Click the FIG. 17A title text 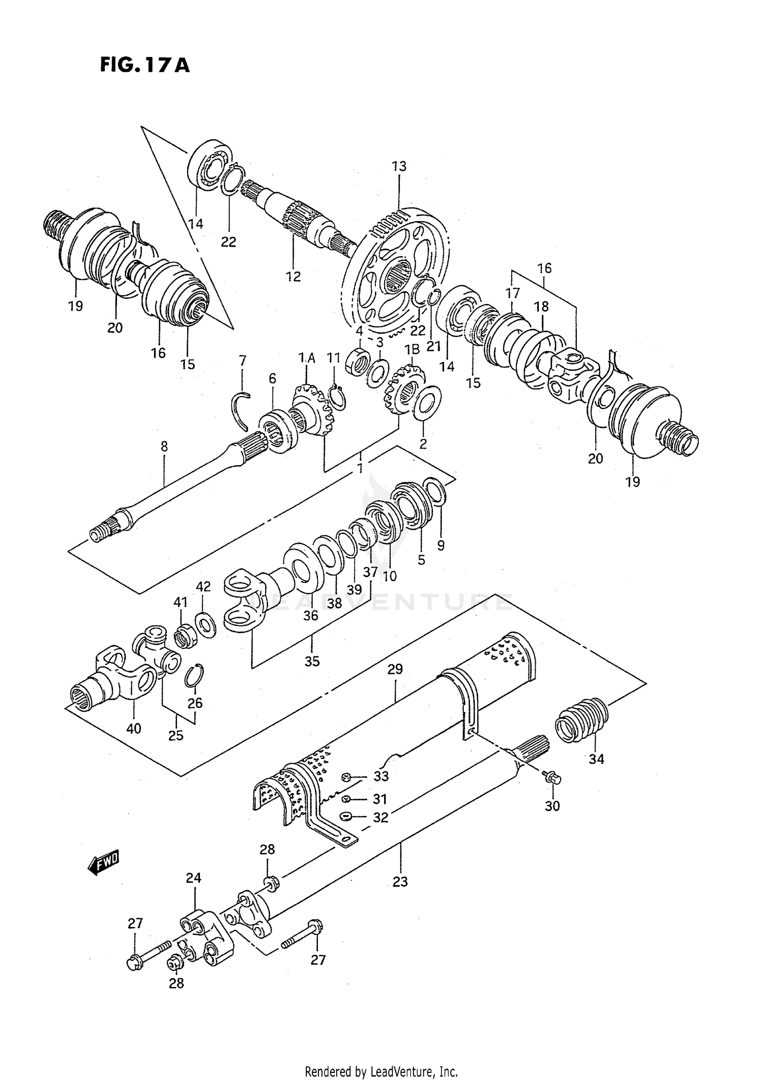(x=144, y=66)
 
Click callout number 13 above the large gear (x=399, y=166)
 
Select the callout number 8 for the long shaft (x=164, y=446)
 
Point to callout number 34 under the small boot (x=596, y=759)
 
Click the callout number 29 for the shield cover (x=395, y=669)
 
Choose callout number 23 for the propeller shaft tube (x=400, y=881)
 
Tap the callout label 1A (x=307, y=358)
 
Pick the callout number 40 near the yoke (x=133, y=729)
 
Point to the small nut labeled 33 (x=345, y=776)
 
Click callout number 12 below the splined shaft (x=294, y=277)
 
